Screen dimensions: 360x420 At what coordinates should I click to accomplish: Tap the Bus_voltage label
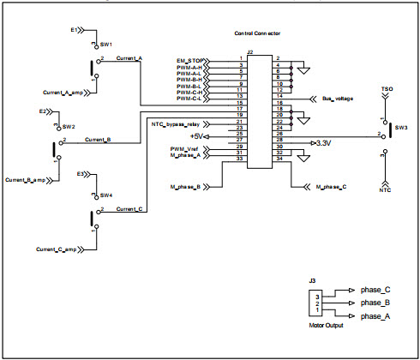tap(336, 98)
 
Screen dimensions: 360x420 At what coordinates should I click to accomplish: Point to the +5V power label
tap(197, 136)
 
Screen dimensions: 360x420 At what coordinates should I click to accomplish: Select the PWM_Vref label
tap(186, 149)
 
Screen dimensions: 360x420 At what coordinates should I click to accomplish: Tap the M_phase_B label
tap(186, 186)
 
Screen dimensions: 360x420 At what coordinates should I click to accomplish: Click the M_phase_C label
tap(331, 186)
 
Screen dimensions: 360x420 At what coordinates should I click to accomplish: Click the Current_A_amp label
tap(61, 92)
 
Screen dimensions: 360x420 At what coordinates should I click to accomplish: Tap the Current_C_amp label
tap(57, 249)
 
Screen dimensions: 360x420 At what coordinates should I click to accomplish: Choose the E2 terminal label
tap(43, 111)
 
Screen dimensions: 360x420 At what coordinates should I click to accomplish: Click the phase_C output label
tap(375, 290)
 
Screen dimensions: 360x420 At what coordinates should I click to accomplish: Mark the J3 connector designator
tap(314, 279)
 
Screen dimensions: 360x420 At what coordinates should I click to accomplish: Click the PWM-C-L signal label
tap(190, 99)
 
